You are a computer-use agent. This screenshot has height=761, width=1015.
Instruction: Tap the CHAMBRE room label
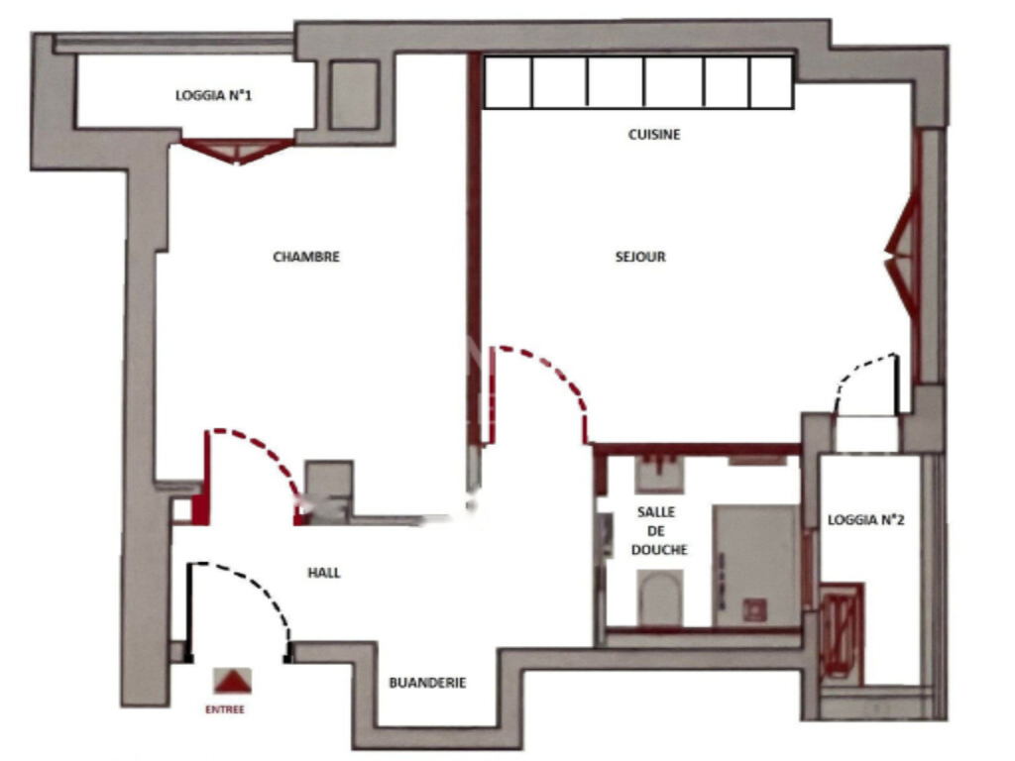(x=306, y=257)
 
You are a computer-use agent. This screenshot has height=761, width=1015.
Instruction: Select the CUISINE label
(x=654, y=135)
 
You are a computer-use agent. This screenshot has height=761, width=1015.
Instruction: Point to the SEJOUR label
(x=640, y=257)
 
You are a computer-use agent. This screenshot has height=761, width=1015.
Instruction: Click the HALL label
(x=324, y=573)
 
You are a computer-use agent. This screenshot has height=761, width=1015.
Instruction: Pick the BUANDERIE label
(x=427, y=683)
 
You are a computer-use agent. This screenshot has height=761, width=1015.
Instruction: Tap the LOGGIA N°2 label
(x=865, y=519)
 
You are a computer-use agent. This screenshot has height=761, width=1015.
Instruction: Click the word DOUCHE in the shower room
(x=658, y=549)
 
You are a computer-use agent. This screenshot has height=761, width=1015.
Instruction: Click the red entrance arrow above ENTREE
(x=233, y=681)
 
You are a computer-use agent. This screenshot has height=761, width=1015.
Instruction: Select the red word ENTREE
(x=225, y=709)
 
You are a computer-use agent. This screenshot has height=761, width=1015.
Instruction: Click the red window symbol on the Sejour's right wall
(x=903, y=254)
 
